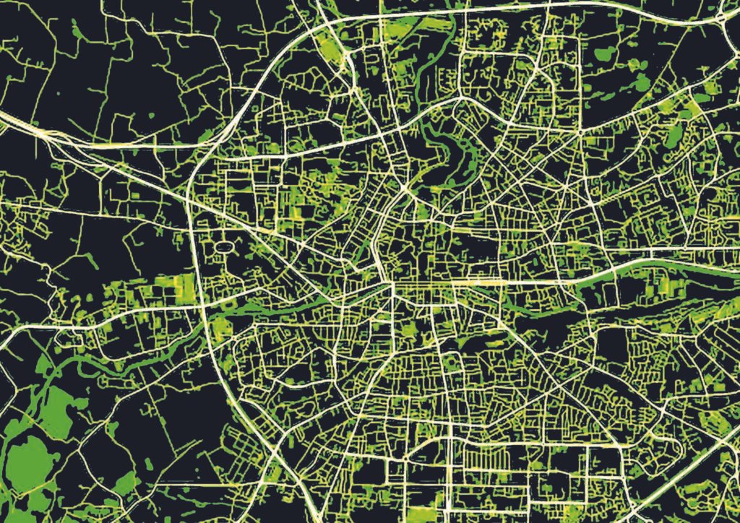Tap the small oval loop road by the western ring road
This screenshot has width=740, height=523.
(x=225, y=248)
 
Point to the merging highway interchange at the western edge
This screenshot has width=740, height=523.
(x=43, y=133)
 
